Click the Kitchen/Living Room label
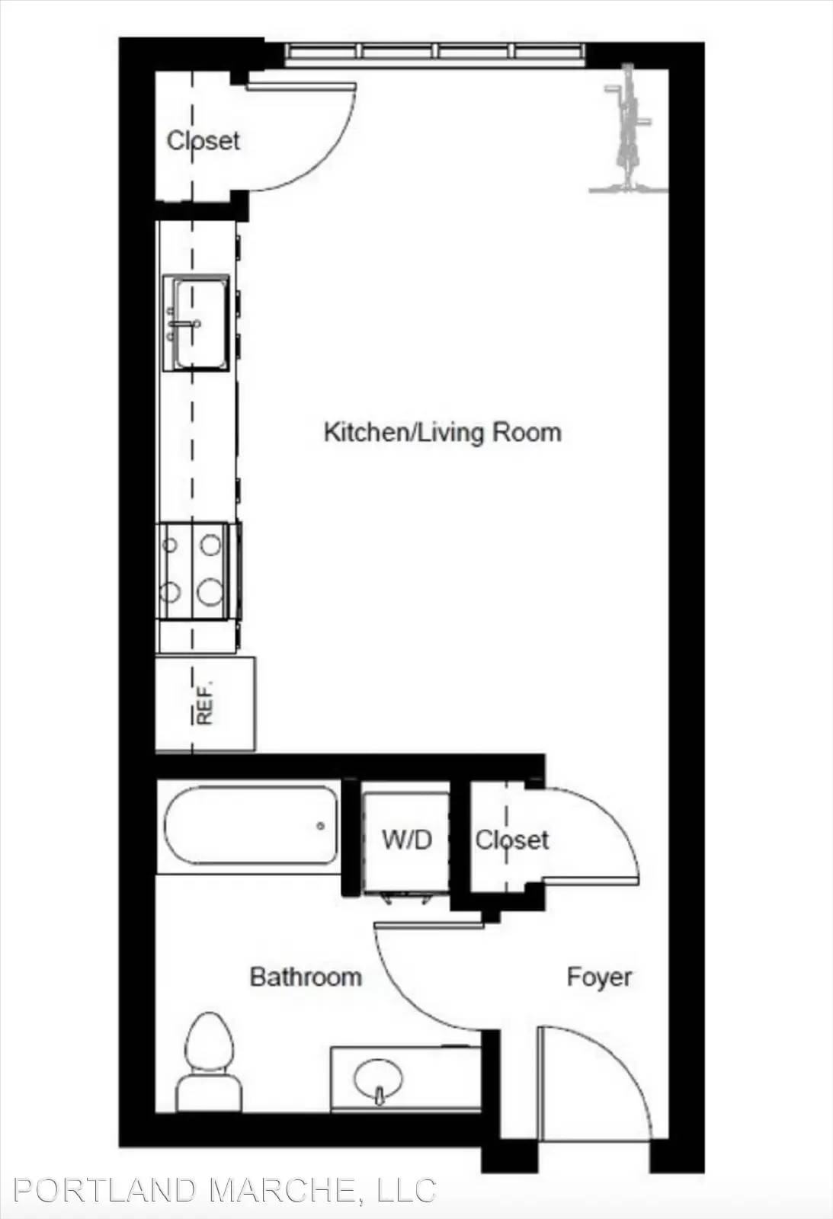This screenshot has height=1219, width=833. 442,434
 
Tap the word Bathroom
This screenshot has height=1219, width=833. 306,977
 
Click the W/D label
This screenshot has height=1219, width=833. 407,840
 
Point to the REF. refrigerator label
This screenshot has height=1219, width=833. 205,702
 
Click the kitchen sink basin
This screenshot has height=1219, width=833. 200,323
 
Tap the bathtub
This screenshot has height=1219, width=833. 251,825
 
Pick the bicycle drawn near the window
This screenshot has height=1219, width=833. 629,129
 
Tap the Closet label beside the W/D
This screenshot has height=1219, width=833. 512,840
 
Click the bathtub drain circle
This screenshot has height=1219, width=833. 321,826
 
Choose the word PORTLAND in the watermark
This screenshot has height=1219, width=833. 104,1189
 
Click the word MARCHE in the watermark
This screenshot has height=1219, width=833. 285,1189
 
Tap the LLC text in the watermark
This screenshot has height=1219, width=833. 406,1189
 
